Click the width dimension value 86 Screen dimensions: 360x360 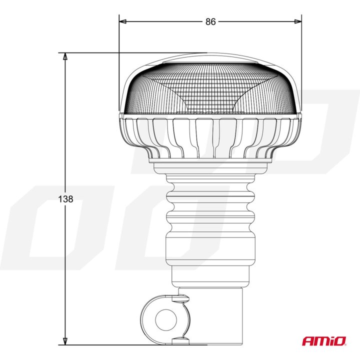pos(210,21)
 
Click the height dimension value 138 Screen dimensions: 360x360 pos(65,199)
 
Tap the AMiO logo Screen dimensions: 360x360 pos(323,341)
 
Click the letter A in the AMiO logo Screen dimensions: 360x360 pos(308,341)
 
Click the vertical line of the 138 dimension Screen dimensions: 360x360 pos(64,125)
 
